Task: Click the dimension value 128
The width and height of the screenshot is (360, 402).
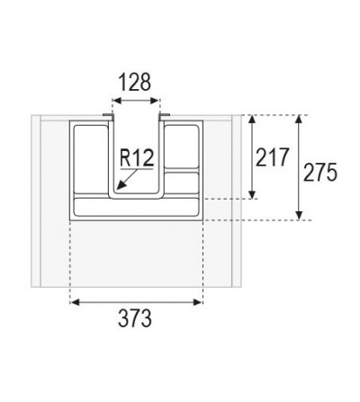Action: [x=135, y=82]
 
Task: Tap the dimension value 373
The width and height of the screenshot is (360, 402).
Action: [x=135, y=318]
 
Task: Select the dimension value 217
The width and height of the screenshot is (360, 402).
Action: [x=272, y=157]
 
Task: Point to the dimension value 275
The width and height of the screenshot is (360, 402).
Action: [x=320, y=173]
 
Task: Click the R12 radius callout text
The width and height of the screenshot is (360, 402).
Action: [x=137, y=157]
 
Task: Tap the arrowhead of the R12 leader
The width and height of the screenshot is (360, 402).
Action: [x=121, y=186]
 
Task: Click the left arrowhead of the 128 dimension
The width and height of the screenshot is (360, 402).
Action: [x=116, y=101]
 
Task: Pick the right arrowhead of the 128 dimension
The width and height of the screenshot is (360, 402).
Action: [x=154, y=101]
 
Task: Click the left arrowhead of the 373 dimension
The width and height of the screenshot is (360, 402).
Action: [x=75, y=302]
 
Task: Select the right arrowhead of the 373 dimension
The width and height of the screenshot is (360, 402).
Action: [x=198, y=302]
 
